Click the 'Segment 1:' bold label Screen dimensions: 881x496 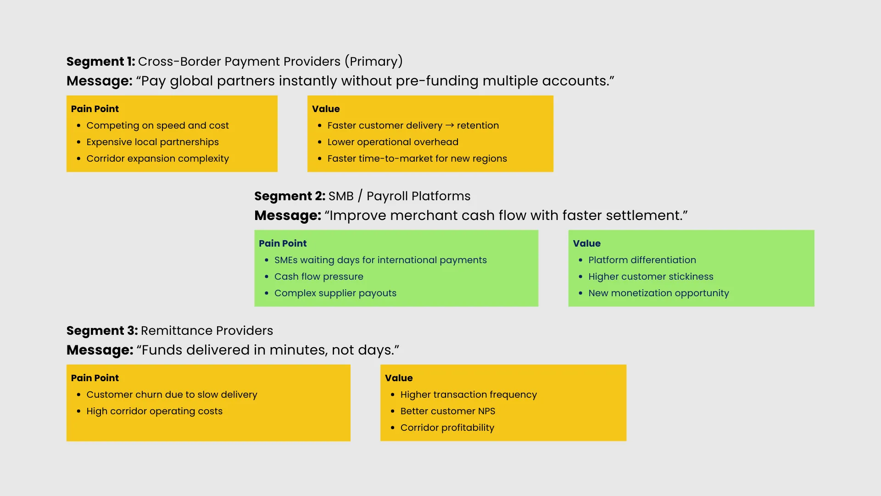[x=101, y=62]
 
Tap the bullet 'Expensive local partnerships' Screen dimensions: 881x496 [x=152, y=142]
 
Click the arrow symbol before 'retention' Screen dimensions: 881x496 [x=450, y=125]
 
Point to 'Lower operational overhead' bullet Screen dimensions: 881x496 [x=393, y=142]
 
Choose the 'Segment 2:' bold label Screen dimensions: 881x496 [x=290, y=196]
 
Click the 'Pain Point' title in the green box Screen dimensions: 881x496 [x=283, y=243]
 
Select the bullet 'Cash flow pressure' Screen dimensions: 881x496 [x=319, y=276]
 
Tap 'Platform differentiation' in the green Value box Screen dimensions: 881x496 [x=642, y=260]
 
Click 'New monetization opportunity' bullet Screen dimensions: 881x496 [x=658, y=293]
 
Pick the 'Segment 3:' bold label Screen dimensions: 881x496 [x=102, y=331]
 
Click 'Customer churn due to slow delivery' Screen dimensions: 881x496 [x=172, y=395]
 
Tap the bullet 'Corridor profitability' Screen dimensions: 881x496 [x=447, y=428]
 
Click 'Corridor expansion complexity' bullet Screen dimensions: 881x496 [x=157, y=158]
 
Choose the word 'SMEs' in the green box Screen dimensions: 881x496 [x=286, y=260]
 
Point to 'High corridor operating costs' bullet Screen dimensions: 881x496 [x=154, y=411]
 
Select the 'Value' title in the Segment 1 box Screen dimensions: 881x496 [x=326, y=109]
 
